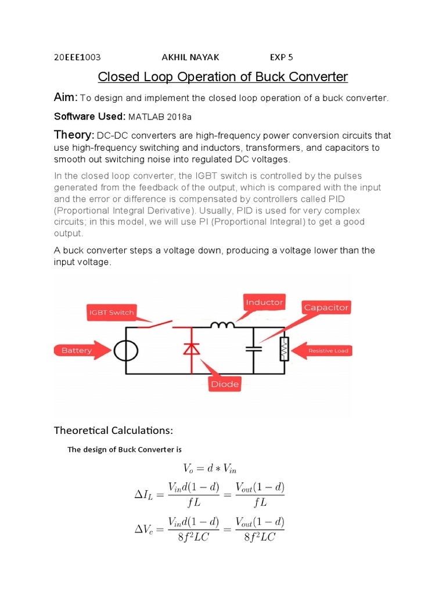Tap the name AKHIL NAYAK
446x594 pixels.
click(x=190, y=57)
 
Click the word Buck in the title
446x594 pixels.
click(x=257, y=77)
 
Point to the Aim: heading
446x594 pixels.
click(x=66, y=97)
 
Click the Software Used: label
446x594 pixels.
click(x=89, y=116)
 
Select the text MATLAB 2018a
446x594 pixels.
click(x=160, y=117)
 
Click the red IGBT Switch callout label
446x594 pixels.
click(x=111, y=312)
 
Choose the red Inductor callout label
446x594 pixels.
click(x=264, y=302)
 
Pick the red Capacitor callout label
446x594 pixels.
click(x=326, y=307)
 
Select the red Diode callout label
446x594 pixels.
click(x=225, y=383)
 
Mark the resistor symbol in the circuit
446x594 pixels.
click(x=283, y=349)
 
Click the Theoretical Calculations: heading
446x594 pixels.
click(x=113, y=430)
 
